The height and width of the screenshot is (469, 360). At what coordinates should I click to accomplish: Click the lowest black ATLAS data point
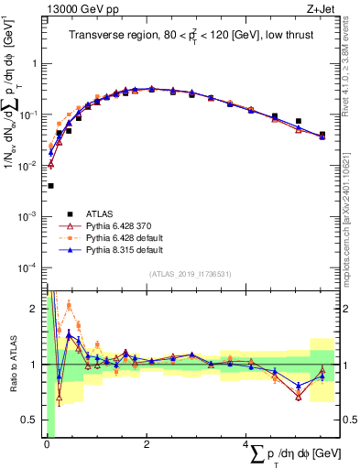[49, 185]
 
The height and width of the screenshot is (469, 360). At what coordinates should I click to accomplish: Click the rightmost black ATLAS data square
[322, 135]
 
